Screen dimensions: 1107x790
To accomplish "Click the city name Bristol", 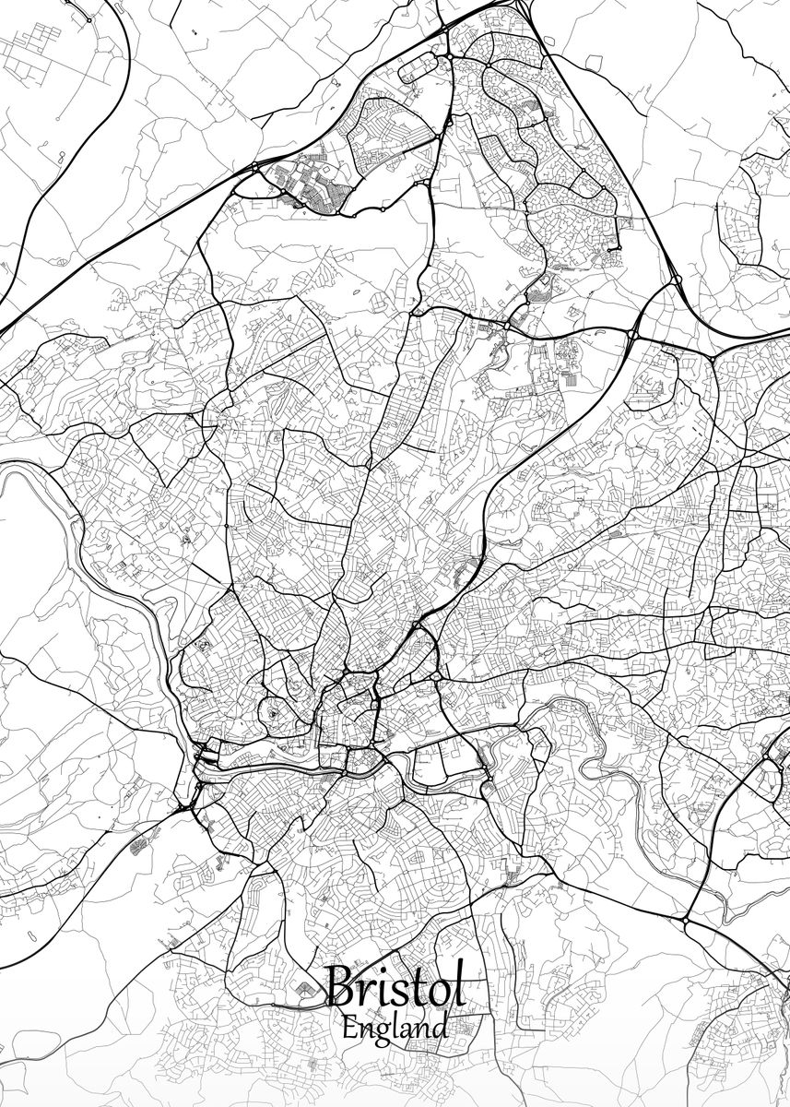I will pyautogui.click(x=394, y=989).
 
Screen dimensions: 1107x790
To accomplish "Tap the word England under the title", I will pyautogui.click(x=394, y=1026).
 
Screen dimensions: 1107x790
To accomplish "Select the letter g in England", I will pyautogui.click(x=379, y=1030).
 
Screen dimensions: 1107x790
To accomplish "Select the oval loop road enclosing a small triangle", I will pyautogui.click(x=276, y=712).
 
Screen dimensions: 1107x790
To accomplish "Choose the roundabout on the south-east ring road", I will pyautogui.click(x=686, y=921).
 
